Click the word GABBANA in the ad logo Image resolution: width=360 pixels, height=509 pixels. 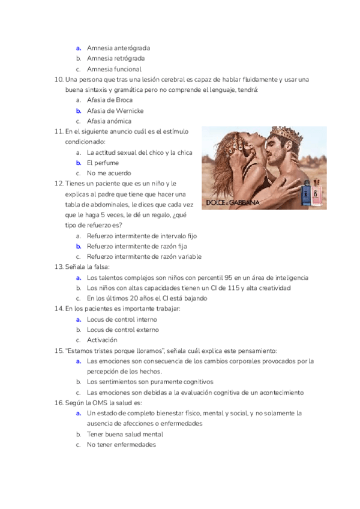(245, 203)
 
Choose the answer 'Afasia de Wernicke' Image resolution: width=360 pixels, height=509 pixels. (115, 110)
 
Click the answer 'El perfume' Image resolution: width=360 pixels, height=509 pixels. (103, 163)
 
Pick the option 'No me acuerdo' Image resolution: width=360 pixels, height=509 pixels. (109, 173)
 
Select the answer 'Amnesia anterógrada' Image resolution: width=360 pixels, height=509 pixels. (118, 47)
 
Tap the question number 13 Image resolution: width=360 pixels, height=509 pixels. (58, 267)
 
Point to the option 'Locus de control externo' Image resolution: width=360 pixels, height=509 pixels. (123, 330)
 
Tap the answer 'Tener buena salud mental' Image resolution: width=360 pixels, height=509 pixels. (125, 434)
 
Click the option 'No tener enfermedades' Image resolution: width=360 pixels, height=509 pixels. (121, 445)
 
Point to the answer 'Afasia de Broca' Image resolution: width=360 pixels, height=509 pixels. (110, 100)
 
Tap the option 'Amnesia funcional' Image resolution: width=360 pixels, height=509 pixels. (114, 69)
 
